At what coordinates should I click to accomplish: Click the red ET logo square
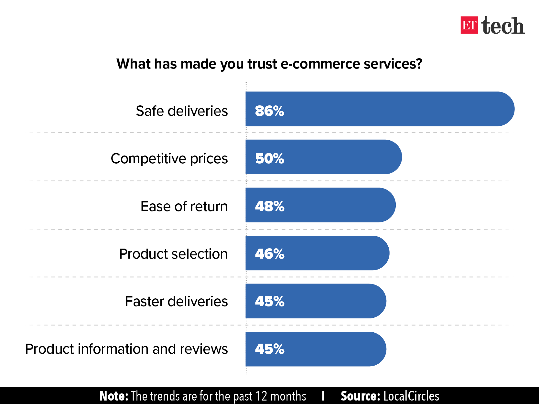[x=469, y=25]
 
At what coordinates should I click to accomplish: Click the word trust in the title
[x=262, y=64]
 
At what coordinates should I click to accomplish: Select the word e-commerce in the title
[x=320, y=64]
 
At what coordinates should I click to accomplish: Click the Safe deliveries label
[x=182, y=111]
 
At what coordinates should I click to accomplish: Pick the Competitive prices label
[x=169, y=159]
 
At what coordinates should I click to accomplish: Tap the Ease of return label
[x=184, y=206]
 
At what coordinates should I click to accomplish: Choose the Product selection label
[x=173, y=254]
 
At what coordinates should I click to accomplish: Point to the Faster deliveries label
[x=176, y=301]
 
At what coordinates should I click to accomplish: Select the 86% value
[x=269, y=111]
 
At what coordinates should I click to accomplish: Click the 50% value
[x=269, y=159]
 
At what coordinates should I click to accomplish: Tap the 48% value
[x=270, y=206]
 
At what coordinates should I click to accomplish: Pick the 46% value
[x=270, y=254]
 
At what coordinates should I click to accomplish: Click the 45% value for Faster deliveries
[x=270, y=301]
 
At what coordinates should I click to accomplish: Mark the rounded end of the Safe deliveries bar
[x=514, y=109]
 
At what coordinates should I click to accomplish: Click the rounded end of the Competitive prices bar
[x=402, y=157]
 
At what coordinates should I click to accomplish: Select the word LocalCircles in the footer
[x=411, y=396]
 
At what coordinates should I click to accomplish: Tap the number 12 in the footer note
[x=261, y=396]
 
